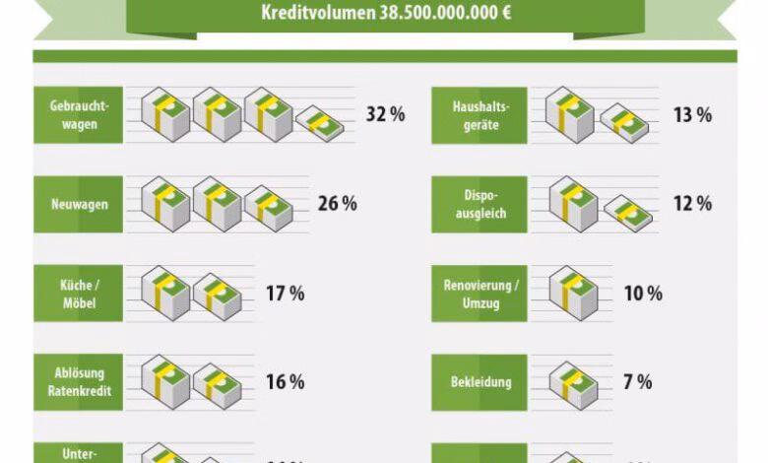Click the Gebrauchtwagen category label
click(x=78, y=115)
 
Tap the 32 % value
click(x=385, y=114)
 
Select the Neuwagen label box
click(x=78, y=204)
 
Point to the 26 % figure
click(x=337, y=204)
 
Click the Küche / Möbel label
click(x=78, y=294)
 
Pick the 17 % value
click(x=285, y=294)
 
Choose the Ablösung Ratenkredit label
click(x=78, y=382)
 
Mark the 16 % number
click(x=285, y=382)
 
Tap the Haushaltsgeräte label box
click(x=479, y=115)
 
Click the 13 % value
click(x=692, y=115)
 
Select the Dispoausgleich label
click(x=479, y=204)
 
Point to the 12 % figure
click(x=692, y=204)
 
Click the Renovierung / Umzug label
click(x=479, y=294)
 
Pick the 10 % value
click(x=643, y=294)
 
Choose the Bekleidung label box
click(x=479, y=382)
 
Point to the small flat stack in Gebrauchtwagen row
click(x=321, y=123)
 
